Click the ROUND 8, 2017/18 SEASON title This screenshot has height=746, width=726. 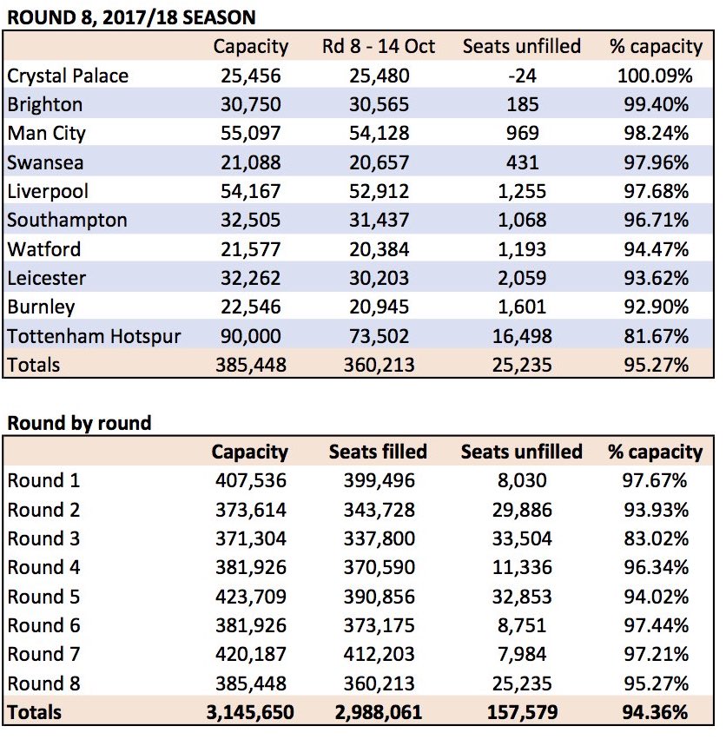pyautogui.click(x=132, y=17)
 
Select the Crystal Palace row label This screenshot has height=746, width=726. pyautogui.click(x=68, y=76)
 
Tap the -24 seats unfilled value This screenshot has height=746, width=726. pyautogui.click(x=522, y=76)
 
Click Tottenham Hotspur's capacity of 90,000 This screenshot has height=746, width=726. pyautogui.click(x=251, y=336)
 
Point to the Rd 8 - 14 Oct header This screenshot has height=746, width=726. pyautogui.click(x=379, y=47)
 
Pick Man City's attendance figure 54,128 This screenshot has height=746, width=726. pyautogui.click(x=379, y=134)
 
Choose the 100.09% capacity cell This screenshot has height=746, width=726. pyautogui.click(x=655, y=76)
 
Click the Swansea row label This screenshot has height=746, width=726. pyautogui.click(x=46, y=162)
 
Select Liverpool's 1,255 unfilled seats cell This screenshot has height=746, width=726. pyautogui.click(x=522, y=192)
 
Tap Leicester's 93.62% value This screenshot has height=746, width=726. pyautogui.click(x=656, y=278)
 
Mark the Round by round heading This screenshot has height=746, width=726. pyautogui.click(x=79, y=423)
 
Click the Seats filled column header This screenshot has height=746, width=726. pyautogui.click(x=379, y=452)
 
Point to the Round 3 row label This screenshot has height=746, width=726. pyautogui.click(x=43, y=539)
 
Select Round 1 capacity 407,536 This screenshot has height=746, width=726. pyautogui.click(x=251, y=481)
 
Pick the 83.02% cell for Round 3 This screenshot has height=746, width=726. pyautogui.click(x=656, y=539)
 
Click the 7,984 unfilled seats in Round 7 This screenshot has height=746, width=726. pyautogui.click(x=522, y=655)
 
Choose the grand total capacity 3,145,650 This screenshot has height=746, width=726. pyautogui.click(x=250, y=713)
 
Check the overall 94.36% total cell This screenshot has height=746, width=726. pyautogui.click(x=655, y=713)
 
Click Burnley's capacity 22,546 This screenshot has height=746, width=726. pyautogui.click(x=251, y=307)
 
